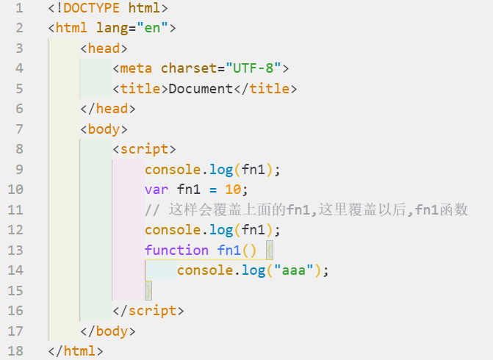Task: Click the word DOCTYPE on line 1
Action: coord(92,9)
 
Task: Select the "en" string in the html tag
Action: coord(152,29)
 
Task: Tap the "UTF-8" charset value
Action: coord(253,68)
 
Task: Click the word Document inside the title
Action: coord(201,89)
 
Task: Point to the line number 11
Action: coord(15,209)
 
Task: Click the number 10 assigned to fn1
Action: coord(233,190)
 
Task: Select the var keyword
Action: coord(156,190)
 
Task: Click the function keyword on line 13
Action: coord(176,250)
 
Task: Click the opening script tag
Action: coord(145,149)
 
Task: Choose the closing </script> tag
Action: coord(148,310)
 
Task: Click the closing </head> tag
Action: coord(108,109)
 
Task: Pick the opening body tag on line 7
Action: coord(104,129)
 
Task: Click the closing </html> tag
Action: coord(76,350)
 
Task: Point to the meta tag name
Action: coord(136,68)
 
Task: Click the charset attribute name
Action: coord(188,68)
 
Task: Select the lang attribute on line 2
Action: coord(112,29)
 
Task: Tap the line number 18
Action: coord(15,350)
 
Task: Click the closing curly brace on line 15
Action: coord(148,290)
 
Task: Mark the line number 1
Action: coord(18,9)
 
